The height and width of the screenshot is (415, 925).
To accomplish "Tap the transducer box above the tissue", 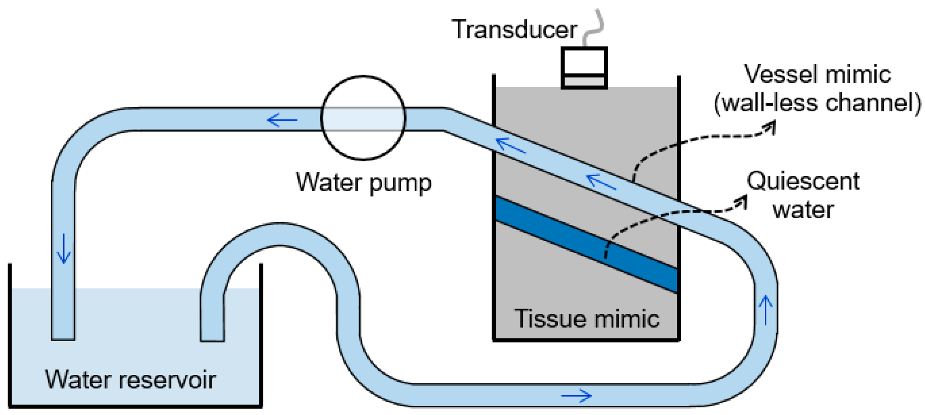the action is (584, 68).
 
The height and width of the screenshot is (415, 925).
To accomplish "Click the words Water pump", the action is (364, 183).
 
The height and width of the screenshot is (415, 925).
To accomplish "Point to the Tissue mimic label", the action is (587, 319).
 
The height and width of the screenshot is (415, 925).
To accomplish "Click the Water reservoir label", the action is (131, 379).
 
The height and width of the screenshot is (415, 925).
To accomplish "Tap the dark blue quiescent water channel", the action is (587, 244).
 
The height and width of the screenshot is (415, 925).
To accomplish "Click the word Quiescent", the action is (803, 181).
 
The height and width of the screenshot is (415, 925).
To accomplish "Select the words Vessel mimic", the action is (818, 74).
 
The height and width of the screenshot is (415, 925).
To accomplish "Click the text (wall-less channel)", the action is (818, 103).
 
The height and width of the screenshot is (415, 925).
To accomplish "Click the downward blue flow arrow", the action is (63, 248).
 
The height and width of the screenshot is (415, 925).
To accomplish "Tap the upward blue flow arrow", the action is (766, 310).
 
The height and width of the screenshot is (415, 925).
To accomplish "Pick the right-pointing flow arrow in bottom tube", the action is (576, 396).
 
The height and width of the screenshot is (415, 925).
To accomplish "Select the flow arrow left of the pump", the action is (282, 120).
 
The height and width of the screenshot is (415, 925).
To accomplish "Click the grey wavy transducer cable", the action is (593, 27).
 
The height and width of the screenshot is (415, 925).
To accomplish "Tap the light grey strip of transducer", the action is (584, 81).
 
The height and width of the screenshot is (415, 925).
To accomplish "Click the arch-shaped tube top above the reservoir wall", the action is (280, 234).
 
